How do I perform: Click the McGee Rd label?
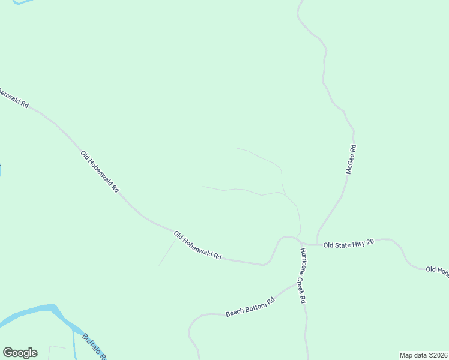(351, 160)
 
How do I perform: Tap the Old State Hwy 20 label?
(349, 243)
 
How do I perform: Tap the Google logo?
(20, 353)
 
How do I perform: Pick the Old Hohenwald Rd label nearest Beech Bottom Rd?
(197, 245)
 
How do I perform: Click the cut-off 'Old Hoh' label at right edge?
(437, 270)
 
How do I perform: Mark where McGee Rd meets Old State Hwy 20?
(318, 244)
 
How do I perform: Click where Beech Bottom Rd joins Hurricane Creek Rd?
(298, 284)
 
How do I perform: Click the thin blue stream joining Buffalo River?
(74, 345)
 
